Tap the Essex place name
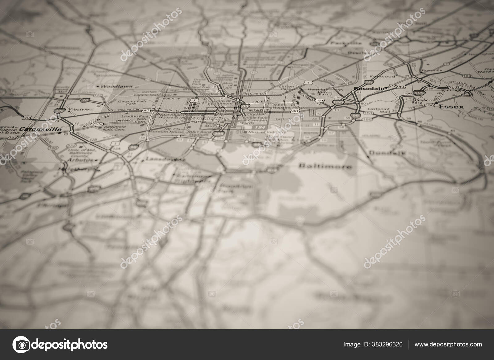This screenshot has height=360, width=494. tap(451, 107)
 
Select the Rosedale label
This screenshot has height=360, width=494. tap(369, 89)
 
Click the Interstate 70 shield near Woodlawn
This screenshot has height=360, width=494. tap(85, 100)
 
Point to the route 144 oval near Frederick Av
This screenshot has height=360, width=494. tap(99, 124)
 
